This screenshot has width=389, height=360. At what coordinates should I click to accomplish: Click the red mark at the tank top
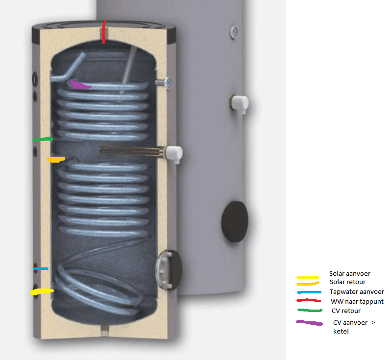tap(103, 32)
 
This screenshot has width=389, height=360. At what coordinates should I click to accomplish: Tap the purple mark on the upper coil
tap(80, 85)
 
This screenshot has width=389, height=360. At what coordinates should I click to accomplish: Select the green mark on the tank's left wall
tap(43, 140)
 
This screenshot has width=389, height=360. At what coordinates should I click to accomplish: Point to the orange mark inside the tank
tap(56, 159)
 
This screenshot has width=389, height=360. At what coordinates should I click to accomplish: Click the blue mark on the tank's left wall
tap(41, 268)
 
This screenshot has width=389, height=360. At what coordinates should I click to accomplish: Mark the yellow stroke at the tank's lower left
tap(42, 292)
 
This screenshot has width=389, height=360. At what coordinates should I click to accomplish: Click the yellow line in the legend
tap(307, 277)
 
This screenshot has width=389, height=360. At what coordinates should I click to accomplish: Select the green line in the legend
tap(309, 310)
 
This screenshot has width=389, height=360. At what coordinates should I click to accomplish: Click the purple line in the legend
tap(309, 322)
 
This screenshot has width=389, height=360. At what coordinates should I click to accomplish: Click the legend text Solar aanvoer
tap(349, 274)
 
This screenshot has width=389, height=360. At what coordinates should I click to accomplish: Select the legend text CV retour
tap(345, 311)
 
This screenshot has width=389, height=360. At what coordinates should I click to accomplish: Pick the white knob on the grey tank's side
tap(240, 102)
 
